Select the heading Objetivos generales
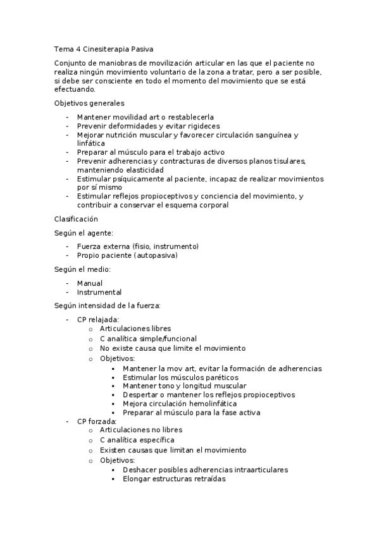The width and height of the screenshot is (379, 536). [89, 103]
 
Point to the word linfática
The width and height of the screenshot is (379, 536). [93, 143]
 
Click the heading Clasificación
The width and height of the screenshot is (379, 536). [76, 219]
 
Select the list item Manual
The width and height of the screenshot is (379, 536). [90, 283]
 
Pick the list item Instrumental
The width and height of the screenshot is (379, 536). [99, 292]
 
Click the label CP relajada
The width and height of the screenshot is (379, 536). [98, 320]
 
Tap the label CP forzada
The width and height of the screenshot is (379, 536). [97, 422]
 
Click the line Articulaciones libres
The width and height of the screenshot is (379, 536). [135, 329]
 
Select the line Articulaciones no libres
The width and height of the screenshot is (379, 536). [142, 430]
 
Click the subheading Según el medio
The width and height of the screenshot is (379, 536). [83, 269]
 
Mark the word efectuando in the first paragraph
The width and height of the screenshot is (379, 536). [75, 89]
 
